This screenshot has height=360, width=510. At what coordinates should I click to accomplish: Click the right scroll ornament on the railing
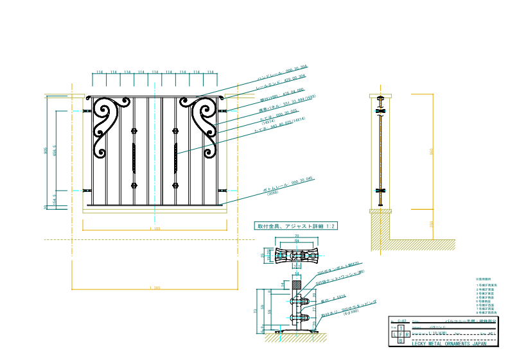[204, 125]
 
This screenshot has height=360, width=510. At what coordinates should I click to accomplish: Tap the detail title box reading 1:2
[296, 227]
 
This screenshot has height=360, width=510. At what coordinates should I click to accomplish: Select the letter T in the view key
[401, 327]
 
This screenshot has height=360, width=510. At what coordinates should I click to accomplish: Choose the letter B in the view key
[401, 341]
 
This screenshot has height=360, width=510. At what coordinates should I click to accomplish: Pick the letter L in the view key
[394, 334]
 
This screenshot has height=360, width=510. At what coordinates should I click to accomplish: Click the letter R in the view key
[407, 334]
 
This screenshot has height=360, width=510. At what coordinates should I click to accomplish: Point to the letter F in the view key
[401, 334]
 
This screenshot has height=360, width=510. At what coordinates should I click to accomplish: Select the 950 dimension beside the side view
[432, 151]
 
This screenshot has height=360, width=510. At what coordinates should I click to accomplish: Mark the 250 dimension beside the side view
[432, 223]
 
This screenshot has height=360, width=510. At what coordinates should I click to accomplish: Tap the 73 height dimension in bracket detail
[256, 311]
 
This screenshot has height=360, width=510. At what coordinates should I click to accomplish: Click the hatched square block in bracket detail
[297, 284]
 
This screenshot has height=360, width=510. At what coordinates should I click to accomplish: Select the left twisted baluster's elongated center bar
[134, 158]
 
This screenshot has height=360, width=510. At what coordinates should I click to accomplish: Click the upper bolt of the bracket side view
[297, 300]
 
